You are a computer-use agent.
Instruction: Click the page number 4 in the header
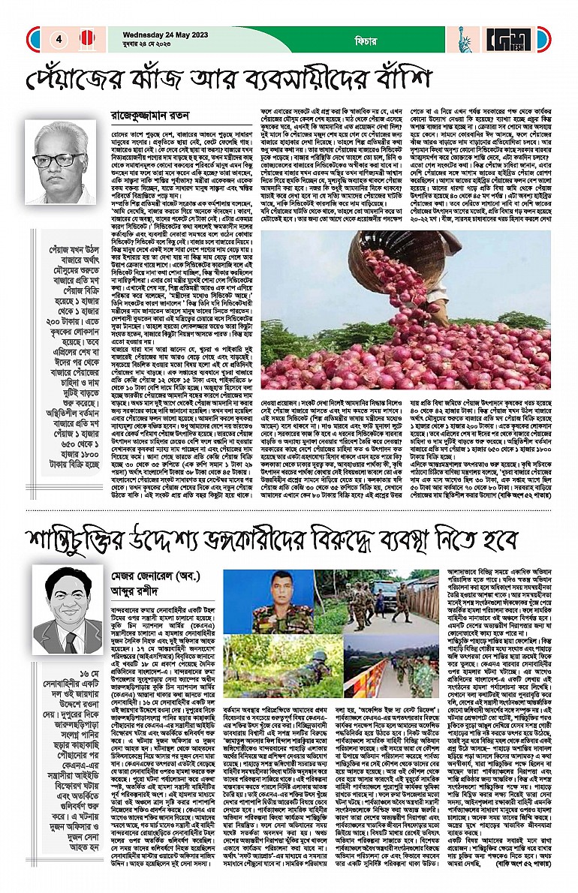[x=58, y=39]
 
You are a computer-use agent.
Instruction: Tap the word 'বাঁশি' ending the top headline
[x=402, y=80]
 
